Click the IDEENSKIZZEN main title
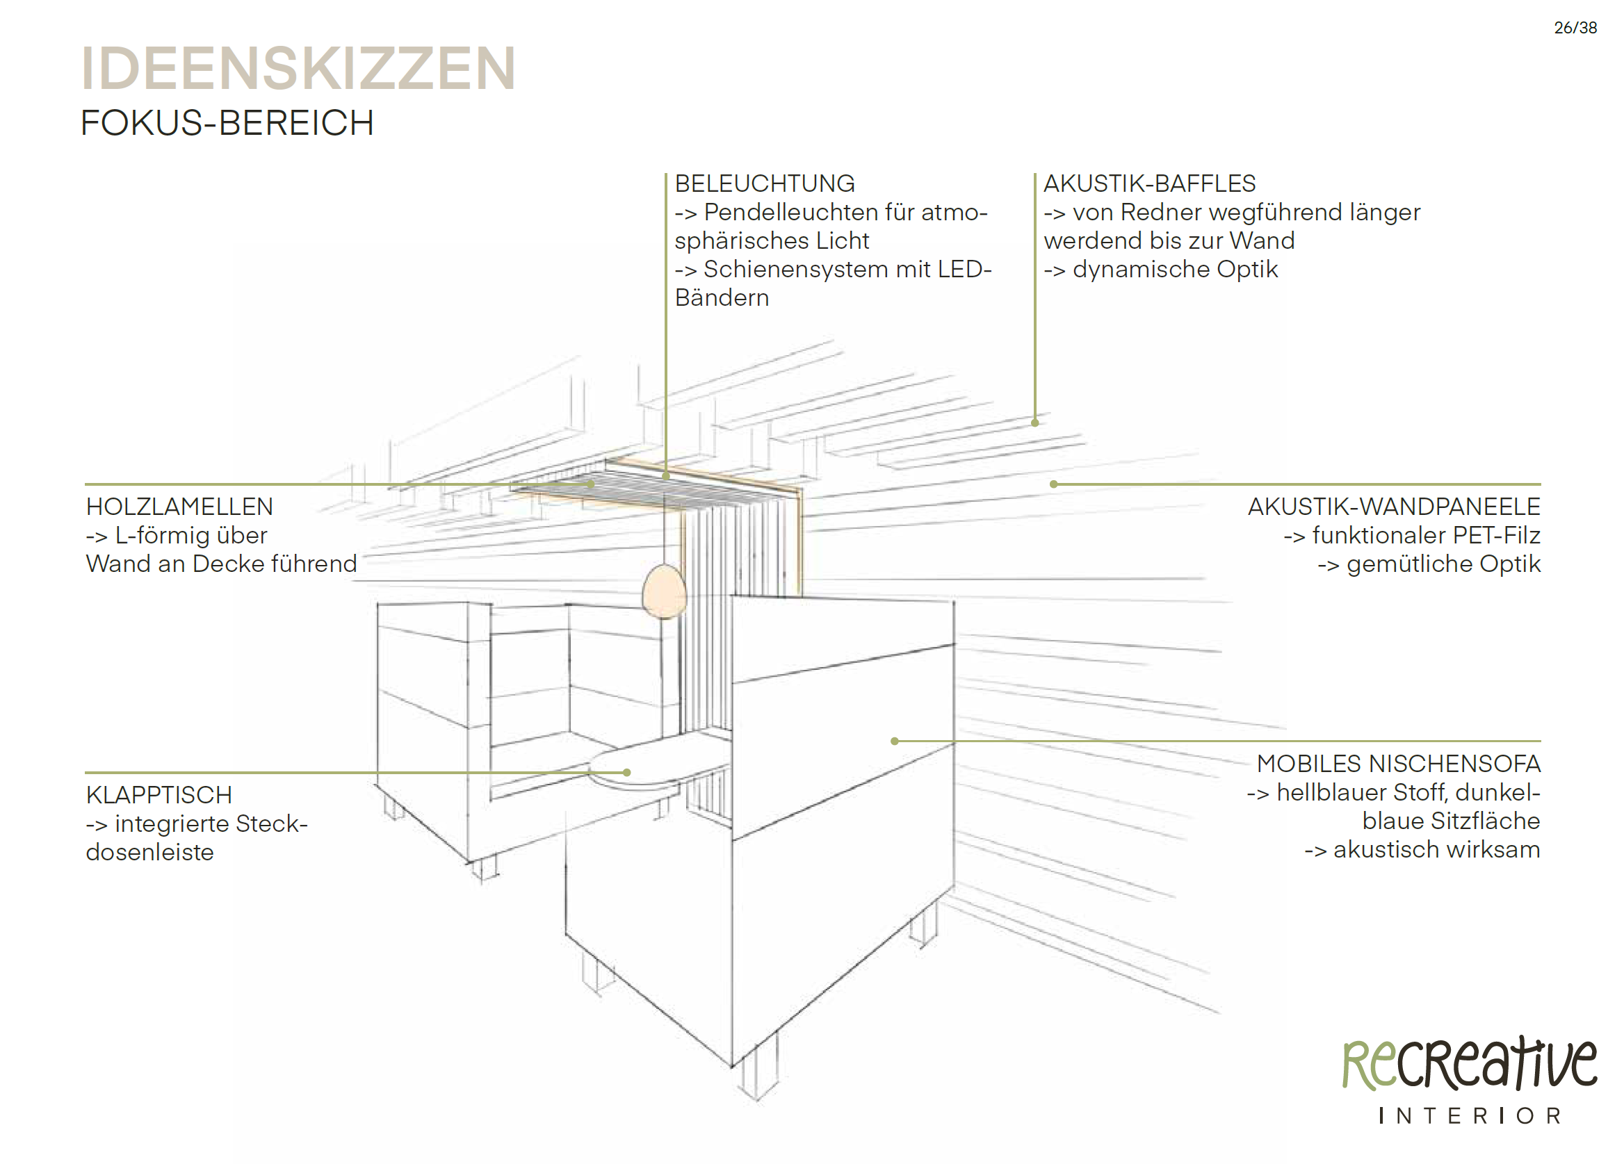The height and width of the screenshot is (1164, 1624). [298, 69]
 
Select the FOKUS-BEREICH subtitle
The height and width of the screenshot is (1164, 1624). [227, 123]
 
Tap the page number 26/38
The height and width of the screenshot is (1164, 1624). [1575, 28]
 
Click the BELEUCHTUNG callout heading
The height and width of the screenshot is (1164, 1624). [764, 184]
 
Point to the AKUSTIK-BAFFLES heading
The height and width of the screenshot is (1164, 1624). [1148, 184]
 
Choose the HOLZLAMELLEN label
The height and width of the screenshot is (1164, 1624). [179, 507]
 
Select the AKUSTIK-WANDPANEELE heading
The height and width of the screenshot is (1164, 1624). [1393, 507]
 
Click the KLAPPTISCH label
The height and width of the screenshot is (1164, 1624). [159, 795]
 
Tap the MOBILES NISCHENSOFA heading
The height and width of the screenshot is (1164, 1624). [1398, 764]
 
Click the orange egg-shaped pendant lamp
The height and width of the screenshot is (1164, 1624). [664, 591]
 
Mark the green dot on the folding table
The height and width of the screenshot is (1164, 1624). [626, 773]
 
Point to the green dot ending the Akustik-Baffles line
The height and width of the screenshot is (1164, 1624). [1034, 423]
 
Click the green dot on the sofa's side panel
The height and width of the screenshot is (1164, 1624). [894, 741]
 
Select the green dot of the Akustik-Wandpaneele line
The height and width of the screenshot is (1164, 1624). [1053, 484]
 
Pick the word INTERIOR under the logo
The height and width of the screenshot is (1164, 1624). [1470, 1116]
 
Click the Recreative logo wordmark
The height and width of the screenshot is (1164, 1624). [1470, 1065]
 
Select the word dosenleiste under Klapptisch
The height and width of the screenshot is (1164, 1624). [149, 853]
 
